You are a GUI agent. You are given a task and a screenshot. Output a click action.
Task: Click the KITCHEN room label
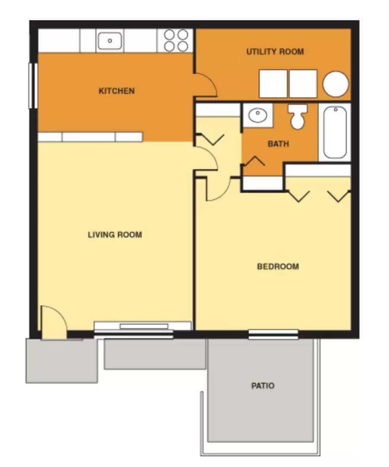point(117,91)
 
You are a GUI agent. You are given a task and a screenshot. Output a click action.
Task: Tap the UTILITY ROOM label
point(275,52)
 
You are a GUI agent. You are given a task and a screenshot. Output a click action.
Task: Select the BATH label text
point(278,144)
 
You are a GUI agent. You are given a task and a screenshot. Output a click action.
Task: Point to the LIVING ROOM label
point(115,235)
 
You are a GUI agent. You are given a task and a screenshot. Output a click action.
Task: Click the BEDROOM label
point(278,267)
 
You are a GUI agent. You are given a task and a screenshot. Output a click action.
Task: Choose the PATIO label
point(263,386)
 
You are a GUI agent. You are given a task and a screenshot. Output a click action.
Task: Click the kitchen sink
point(110,41)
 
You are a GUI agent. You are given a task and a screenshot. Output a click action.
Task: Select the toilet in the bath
point(298,116)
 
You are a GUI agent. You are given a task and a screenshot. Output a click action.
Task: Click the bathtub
point(335,132)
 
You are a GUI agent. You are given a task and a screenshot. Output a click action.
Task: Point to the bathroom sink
point(258,115)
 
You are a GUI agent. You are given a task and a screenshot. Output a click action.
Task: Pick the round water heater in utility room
point(335,84)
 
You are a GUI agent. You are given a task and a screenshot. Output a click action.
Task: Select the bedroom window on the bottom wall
point(273,334)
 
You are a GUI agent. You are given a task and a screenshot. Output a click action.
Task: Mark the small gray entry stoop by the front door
point(61,360)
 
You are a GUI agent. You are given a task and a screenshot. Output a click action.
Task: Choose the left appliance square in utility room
point(273,83)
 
